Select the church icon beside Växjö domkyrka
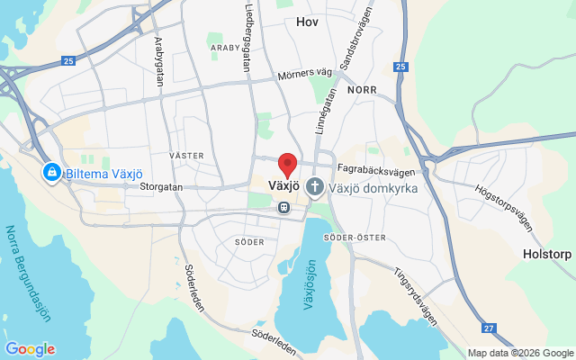[315, 187]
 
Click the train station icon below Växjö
[283, 208]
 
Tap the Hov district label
[309, 18]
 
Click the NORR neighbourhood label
[362, 89]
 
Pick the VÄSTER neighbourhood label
[186, 156]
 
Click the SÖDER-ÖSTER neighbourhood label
[360, 238]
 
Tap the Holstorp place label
[547, 255]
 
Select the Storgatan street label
[162, 187]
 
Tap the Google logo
[30, 349]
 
